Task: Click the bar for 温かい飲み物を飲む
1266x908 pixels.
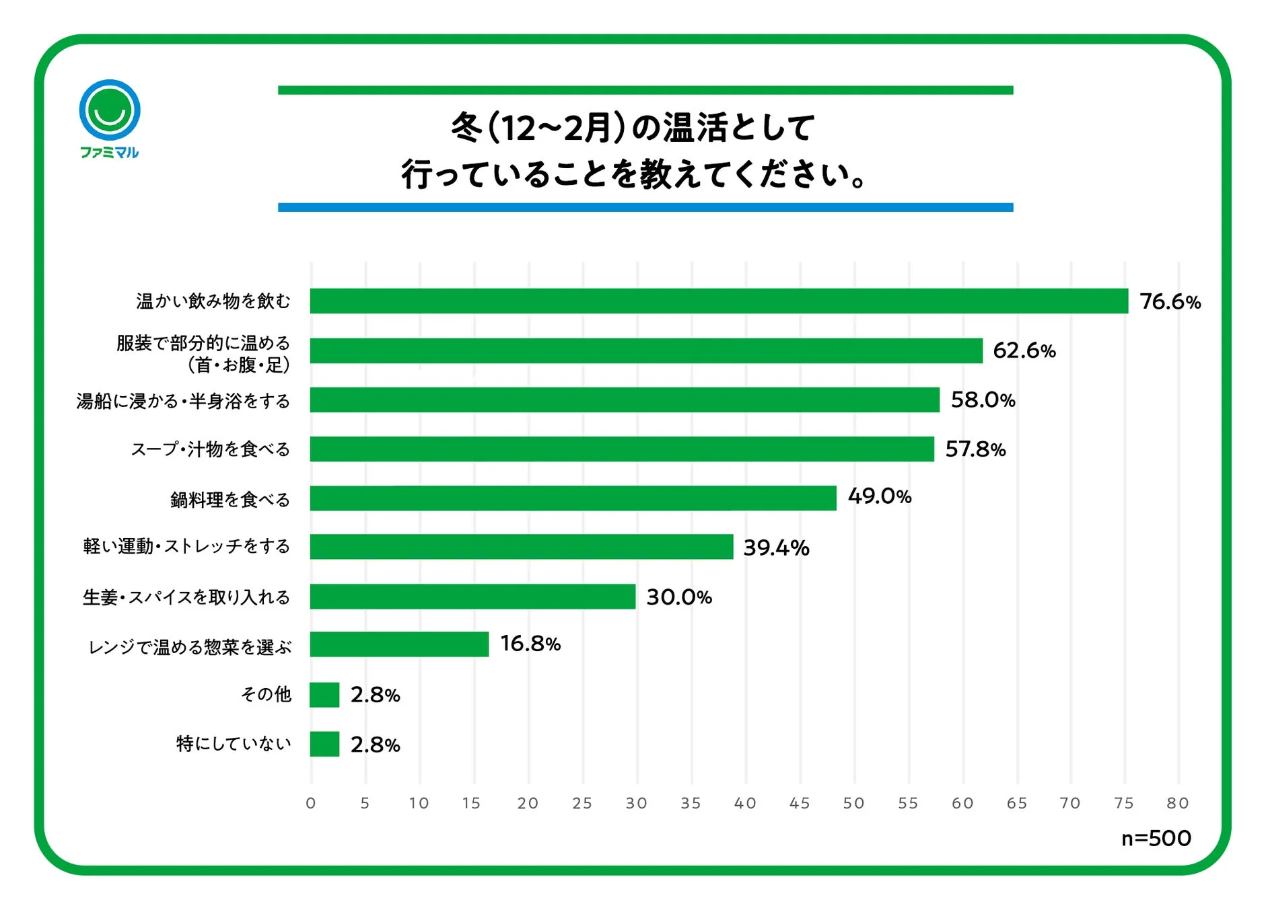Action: [x=718, y=301]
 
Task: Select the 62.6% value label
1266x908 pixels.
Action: [x=1024, y=350]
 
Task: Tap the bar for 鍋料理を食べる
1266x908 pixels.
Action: [x=573, y=498]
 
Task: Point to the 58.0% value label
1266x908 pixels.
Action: [x=982, y=400]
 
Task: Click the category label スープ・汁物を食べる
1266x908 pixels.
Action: [x=210, y=449]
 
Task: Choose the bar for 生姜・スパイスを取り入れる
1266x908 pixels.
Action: [x=472, y=597]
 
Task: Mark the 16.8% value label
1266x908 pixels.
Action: [x=530, y=644]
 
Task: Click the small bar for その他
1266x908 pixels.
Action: [x=324, y=695]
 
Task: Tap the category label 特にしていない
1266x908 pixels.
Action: [x=233, y=743]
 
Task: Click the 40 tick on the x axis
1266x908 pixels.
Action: [x=744, y=803]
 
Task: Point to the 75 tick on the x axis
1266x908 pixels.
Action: [x=1123, y=803]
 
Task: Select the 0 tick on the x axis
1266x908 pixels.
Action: [x=310, y=803]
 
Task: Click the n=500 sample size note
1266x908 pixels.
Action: [x=1156, y=838]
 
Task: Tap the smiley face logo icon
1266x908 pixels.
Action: [x=110, y=110]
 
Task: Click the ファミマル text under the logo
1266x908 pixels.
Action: [x=110, y=153]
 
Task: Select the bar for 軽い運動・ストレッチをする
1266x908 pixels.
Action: [x=521, y=547]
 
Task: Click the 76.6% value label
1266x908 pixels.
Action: [x=1170, y=301]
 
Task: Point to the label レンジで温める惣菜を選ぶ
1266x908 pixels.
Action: [x=190, y=647]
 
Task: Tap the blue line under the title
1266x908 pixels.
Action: [x=645, y=208]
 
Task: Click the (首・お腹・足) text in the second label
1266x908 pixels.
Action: [x=238, y=365]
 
